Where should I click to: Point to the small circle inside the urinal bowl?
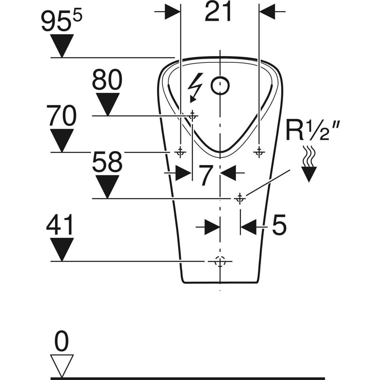[x=220, y=85]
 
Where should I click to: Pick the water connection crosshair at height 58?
[x=240, y=198]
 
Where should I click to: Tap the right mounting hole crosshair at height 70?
[x=259, y=152]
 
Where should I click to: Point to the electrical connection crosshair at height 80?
[x=192, y=116]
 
